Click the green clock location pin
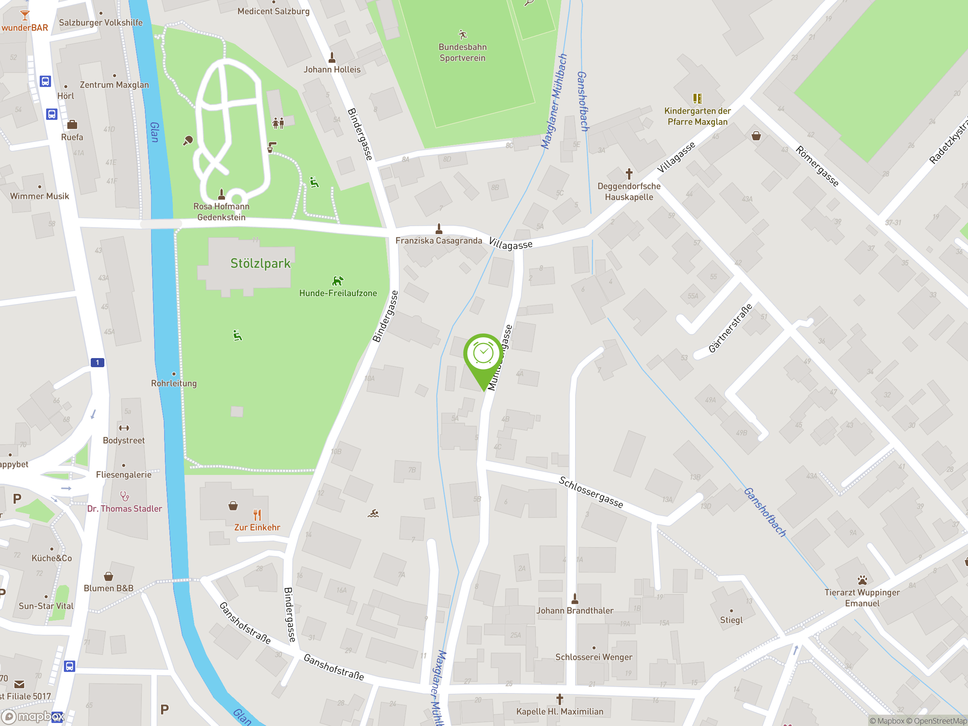point(483,354)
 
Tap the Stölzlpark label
point(261,264)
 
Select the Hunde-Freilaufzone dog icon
point(338,281)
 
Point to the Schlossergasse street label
point(591,492)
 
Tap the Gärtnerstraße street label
point(730,328)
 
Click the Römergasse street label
point(817,166)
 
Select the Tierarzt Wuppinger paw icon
point(862,580)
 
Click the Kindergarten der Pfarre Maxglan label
point(697,116)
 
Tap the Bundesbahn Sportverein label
point(462,53)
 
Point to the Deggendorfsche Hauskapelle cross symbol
point(629,174)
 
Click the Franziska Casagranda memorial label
point(439,241)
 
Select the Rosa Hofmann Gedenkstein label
point(222,212)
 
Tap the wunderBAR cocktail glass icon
point(25,16)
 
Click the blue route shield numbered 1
point(97,362)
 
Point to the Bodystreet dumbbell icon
point(124,428)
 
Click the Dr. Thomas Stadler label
point(124,509)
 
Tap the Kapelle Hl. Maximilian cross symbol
point(559,699)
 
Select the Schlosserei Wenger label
point(593,657)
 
